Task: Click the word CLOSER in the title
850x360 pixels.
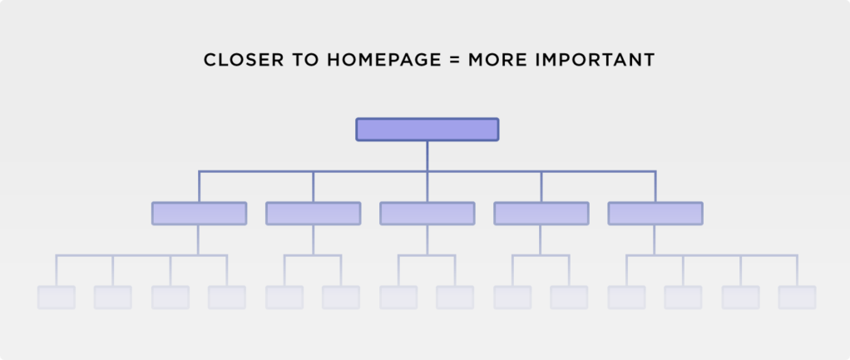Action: [x=244, y=60]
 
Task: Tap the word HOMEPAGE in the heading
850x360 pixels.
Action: [x=384, y=60]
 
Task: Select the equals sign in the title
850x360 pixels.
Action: [x=455, y=60]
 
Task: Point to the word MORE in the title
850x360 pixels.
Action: [x=497, y=60]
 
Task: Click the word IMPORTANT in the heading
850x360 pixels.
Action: [x=595, y=60]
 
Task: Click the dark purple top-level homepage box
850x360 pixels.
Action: [x=427, y=130]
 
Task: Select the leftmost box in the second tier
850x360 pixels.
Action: [x=199, y=214]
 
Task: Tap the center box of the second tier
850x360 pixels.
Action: [x=427, y=214]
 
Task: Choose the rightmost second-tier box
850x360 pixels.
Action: [x=655, y=214]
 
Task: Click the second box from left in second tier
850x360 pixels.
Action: [x=314, y=214]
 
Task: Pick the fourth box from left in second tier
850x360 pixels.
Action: [x=541, y=214]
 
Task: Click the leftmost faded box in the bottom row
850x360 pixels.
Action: [x=57, y=298]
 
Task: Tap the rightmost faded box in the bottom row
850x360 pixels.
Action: [x=797, y=298]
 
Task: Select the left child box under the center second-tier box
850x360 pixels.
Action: [x=398, y=298]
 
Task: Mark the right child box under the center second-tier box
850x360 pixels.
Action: [x=455, y=298]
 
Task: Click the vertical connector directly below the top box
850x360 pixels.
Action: [x=427, y=156]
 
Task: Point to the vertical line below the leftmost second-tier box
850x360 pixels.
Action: [x=198, y=240]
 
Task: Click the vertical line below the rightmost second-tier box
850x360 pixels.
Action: [x=655, y=240]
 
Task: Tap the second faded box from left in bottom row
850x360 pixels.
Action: [x=113, y=298]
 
